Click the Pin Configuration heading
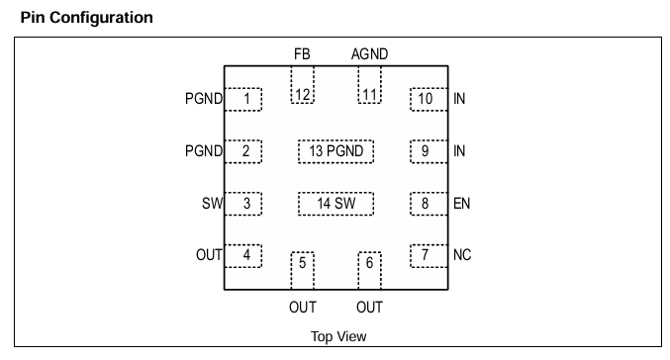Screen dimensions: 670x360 (87, 18)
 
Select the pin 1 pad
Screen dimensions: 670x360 (243, 100)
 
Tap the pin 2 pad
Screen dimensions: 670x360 (243, 151)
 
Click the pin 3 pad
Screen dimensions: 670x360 (243, 204)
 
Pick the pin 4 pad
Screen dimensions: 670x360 (243, 256)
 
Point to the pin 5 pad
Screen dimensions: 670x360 (303, 271)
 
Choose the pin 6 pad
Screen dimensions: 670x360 (369, 271)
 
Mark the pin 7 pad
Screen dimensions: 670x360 (429, 256)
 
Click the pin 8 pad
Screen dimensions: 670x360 (429, 204)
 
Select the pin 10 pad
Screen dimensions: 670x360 (429, 100)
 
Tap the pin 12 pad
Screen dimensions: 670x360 (303, 84)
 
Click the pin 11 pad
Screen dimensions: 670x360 (369, 84)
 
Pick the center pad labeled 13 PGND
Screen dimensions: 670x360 (335, 151)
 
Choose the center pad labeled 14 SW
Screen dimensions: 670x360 (335, 204)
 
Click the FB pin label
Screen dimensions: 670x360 (302, 54)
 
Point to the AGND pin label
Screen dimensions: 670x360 (369, 54)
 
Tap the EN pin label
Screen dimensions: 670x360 (461, 204)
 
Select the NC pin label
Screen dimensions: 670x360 (462, 255)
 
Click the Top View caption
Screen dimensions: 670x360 (338, 336)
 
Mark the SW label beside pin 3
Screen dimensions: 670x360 (213, 204)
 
